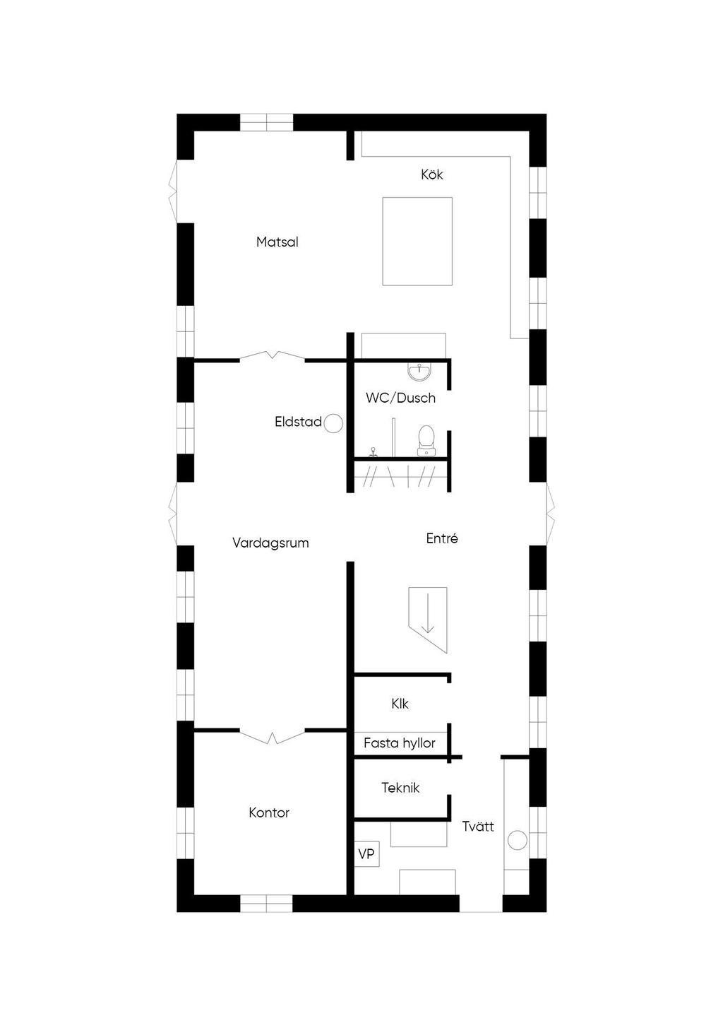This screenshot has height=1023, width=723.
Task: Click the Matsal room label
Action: pos(277,242)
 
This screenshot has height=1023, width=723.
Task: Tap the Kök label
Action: pos(432,174)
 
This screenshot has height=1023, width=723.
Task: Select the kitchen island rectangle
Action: pos(417,242)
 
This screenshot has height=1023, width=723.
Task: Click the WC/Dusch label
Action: pos(400,398)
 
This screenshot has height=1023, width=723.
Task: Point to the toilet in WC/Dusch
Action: pos(426,440)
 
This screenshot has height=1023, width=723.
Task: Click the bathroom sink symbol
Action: pos(419,372)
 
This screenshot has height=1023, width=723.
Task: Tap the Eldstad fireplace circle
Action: pos(333,423)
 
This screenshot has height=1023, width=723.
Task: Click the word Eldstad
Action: pos(298,422)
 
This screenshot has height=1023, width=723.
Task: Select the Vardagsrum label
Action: pos(270,543)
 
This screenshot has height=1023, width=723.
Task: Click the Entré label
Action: pos(442,538)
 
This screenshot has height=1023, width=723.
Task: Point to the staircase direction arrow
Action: pos(428,613)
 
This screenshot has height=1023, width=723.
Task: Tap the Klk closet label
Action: pos(400,704)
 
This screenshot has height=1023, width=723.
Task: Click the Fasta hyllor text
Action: pos(400,743)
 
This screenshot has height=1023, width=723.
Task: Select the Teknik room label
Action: pos(400,787)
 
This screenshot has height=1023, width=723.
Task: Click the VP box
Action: pos(366,853)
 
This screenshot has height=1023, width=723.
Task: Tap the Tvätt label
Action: pos(478,826)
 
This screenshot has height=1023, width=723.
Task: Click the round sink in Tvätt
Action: pos(517,840)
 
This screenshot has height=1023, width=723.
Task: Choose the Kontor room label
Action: pos(269,812)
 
